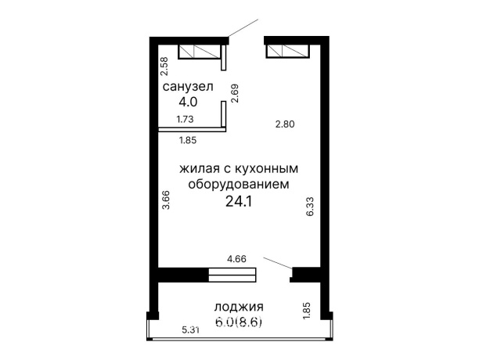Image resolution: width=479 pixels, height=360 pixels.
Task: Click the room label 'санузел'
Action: [x=188, y=87]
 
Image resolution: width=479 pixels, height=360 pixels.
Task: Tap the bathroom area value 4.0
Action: [x=188, y=101]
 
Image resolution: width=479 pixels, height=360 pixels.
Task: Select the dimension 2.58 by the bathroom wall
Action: [x=164, y=67]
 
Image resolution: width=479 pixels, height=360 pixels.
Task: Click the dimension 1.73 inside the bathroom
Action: [x=185, y=120]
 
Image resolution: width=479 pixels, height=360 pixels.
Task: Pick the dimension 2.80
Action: [x=285, y=123]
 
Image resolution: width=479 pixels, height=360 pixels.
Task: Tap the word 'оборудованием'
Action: [x=239, y=184]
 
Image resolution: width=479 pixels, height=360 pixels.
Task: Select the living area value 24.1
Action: [x=239, y=201]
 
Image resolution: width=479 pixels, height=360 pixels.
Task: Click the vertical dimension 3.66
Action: [x=166, y=200]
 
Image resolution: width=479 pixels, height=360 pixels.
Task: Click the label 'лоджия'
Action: [x=239, y=307]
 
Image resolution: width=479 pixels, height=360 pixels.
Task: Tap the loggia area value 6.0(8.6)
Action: [x=239, y=321]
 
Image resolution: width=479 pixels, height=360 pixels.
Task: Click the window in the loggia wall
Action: [x=232, y=274]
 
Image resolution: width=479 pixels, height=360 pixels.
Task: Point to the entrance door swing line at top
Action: [x=244, y=27]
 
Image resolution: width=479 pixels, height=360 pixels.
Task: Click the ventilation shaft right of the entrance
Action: [x=288, y=52]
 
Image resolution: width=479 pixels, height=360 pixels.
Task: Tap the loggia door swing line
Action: [x=279, y=262]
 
